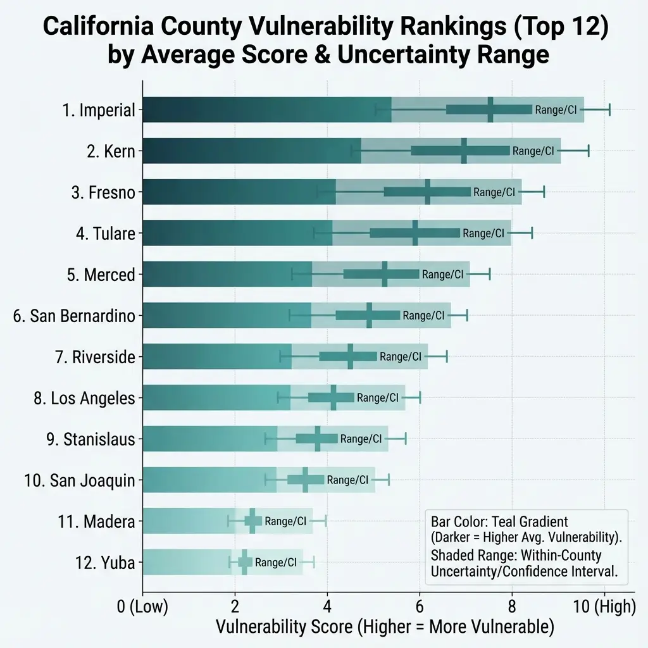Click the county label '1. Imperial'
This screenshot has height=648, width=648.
[x=99, y=110]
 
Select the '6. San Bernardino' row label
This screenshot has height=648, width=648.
[x=74, y=316]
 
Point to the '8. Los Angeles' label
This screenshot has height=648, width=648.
[x=84, y=398]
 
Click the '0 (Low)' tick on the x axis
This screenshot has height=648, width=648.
[x=143, y=607]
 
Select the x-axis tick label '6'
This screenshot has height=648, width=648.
[x=420, y=607]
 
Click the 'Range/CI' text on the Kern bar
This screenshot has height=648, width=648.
[x=533, y=151]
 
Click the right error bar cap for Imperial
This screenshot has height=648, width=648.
[x=609, y=109]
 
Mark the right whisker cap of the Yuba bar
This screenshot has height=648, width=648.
[x=314, y=562]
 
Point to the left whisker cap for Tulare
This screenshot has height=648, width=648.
[x=315, y=234]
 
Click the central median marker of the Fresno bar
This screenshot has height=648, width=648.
[x=428, y=192]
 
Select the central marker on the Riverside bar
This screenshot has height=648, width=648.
[x=350, y=357]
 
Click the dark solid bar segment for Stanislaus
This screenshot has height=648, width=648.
[x=209, y=439]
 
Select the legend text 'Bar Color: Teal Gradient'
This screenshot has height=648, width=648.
[x=499, y=522]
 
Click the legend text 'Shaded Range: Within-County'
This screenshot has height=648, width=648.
[x=516, y=556]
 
